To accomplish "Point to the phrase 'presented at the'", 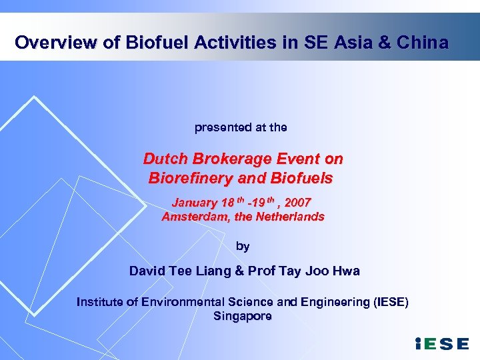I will pyautogui.click(x=241, y=127).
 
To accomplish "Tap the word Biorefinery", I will pyautogui.click(x=193, y=179).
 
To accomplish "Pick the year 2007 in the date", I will pyautogui.click(x=297, y=202).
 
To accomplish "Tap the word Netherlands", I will pyautogui.click(x=290, y=217).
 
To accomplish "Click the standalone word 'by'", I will pyautogui.click(x=243, y=246).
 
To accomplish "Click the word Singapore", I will pyautogui.click(x=243, y=316).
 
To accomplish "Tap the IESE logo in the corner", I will pyautogui.click(x=442, y=343).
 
